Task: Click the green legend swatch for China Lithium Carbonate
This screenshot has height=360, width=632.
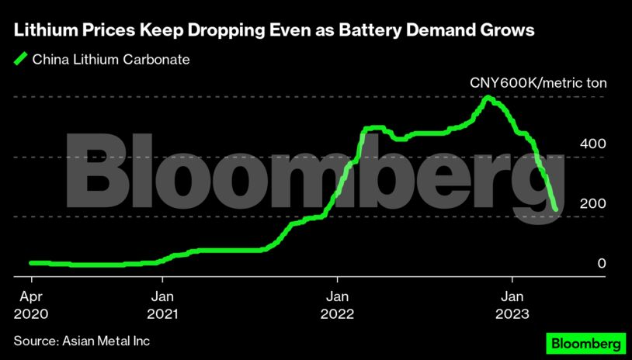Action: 20,58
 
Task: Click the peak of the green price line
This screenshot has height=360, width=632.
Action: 488,98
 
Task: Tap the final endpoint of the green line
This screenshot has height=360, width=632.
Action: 555,209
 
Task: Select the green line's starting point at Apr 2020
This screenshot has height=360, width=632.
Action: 31,263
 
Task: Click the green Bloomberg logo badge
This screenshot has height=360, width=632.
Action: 585,342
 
